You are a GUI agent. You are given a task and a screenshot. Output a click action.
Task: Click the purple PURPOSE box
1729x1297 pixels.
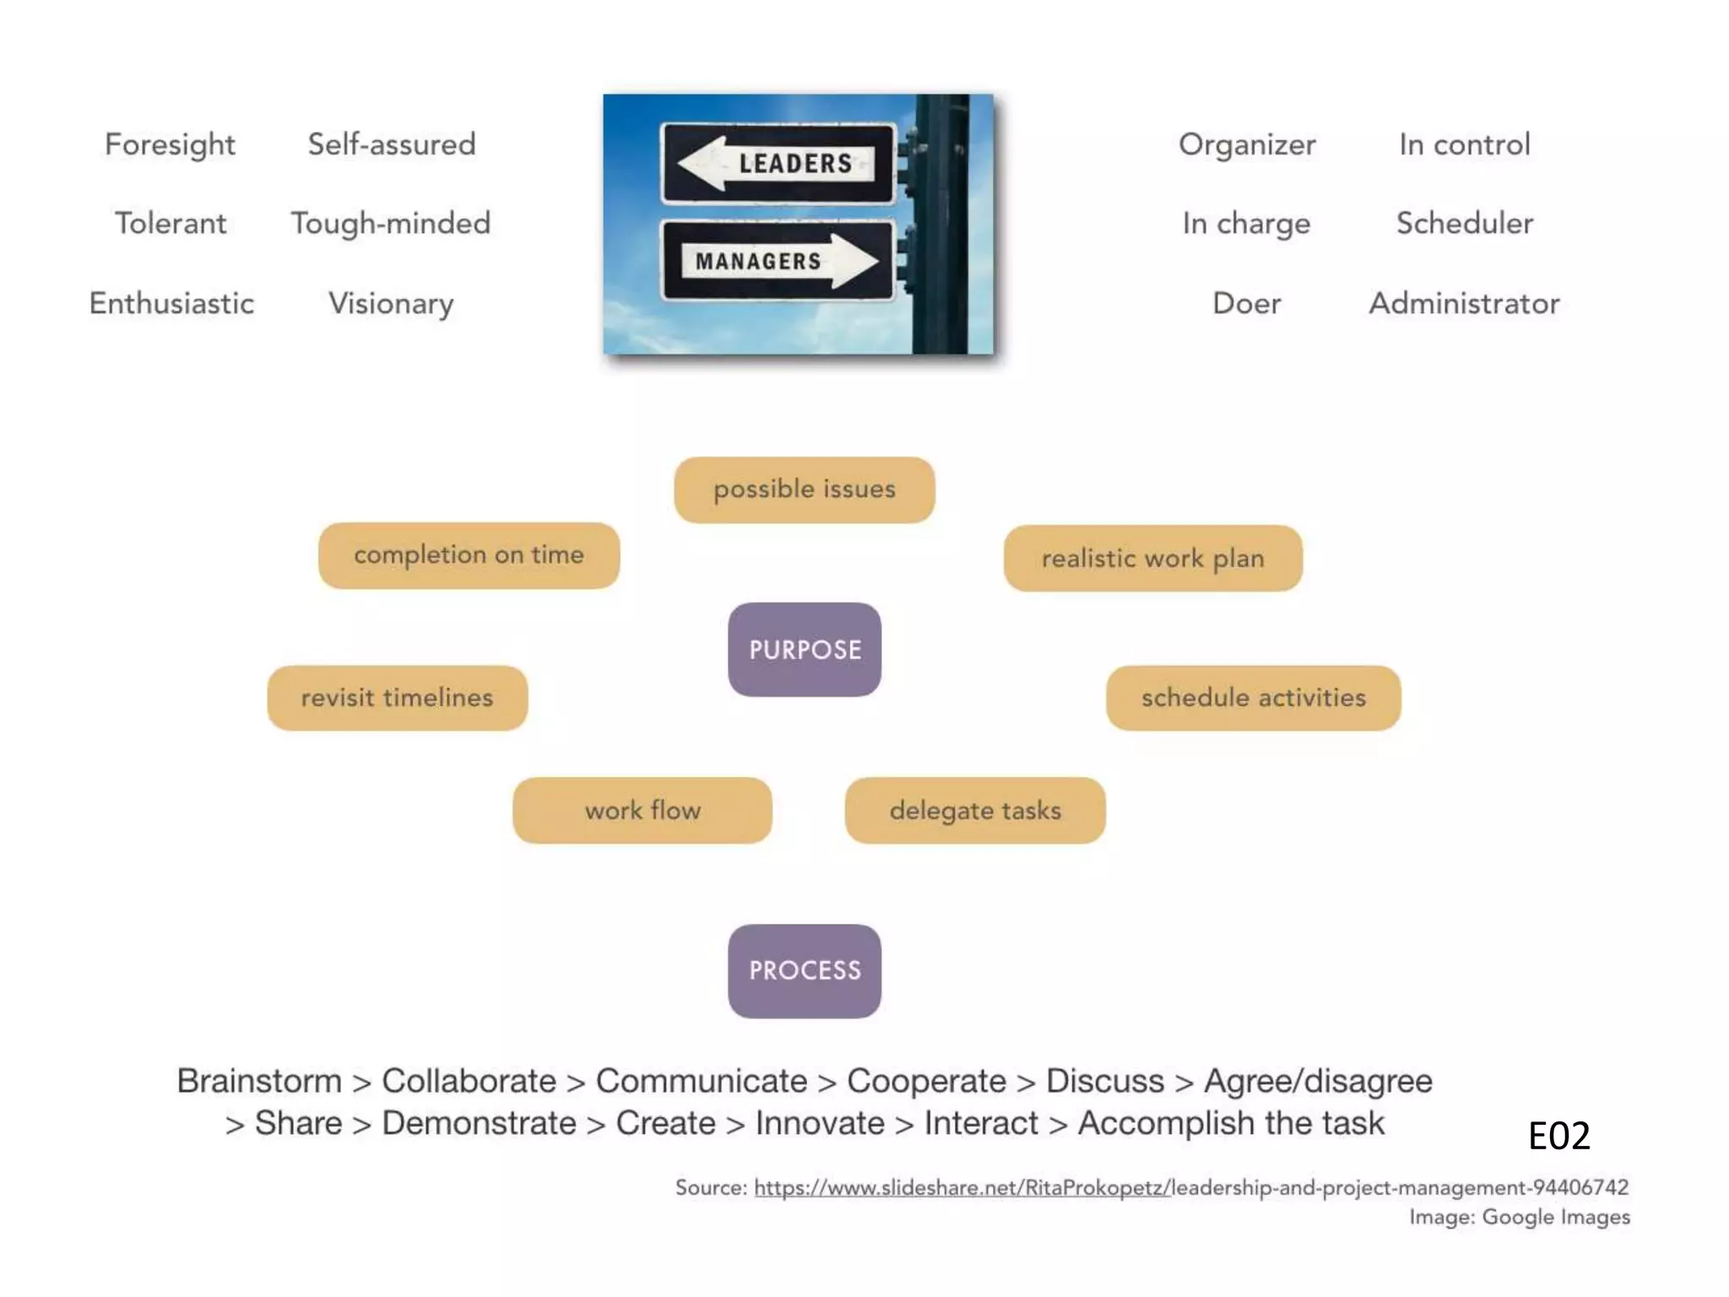point(805,649)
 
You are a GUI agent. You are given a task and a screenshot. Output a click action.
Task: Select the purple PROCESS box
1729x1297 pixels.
point(805,970)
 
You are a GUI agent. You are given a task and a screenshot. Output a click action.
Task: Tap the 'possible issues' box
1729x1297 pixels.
point(805,490)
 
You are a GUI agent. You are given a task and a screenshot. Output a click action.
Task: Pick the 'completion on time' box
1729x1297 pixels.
point(469,555)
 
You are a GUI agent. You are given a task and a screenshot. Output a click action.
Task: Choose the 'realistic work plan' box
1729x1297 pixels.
point(1152,558)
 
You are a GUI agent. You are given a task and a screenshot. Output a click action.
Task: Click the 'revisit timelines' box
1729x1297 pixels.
point(397,697)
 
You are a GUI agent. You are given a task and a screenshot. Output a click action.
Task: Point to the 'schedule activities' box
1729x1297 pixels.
point(1253,697)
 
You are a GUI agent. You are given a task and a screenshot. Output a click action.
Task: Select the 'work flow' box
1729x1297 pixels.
point(642,811)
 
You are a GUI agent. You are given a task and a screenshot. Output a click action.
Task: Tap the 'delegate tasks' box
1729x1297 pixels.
point(975,811)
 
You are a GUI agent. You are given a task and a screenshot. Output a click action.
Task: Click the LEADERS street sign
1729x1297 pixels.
point(778,163)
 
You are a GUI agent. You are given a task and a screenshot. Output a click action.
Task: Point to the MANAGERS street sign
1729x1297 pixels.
point(778,261)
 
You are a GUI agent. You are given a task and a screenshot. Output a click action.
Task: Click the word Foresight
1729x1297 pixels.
point(170,145)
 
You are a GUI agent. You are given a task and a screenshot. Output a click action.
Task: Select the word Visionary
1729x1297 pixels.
point(391,304)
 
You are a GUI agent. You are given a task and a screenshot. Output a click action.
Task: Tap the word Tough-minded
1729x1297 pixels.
point(391,224)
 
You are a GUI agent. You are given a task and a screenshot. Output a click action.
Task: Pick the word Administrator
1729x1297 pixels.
point(1464,304)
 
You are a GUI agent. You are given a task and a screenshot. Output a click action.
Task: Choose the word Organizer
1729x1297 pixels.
point(1247,145)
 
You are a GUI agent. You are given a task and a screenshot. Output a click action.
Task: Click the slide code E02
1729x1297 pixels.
point(1558,1136)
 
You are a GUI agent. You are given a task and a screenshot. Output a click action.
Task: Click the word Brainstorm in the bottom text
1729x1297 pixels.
point(259,1082)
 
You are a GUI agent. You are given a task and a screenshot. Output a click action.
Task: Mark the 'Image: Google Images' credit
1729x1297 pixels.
point(1519,1218)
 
